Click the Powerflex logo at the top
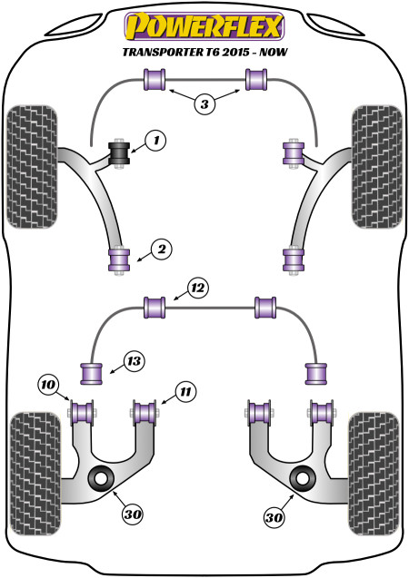point(204,26)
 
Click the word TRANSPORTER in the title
point(162,52)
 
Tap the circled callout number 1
point(155,141)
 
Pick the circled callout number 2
point(162,250)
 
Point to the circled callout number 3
point(204,104)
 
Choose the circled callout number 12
point(198,288)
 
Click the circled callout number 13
point(134,361)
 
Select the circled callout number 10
point(48,386)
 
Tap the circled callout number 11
point(185,391)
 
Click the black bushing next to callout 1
point(119,154)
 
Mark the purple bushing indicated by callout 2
point(119,260)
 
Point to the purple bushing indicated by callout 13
point(91,374)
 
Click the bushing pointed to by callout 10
point(82,413)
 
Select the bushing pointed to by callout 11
point(145,413)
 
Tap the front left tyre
point(33,167)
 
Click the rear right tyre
point(374,474)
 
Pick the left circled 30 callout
point(133,514)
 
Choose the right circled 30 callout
point(274,518)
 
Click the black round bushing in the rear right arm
point(303,478)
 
